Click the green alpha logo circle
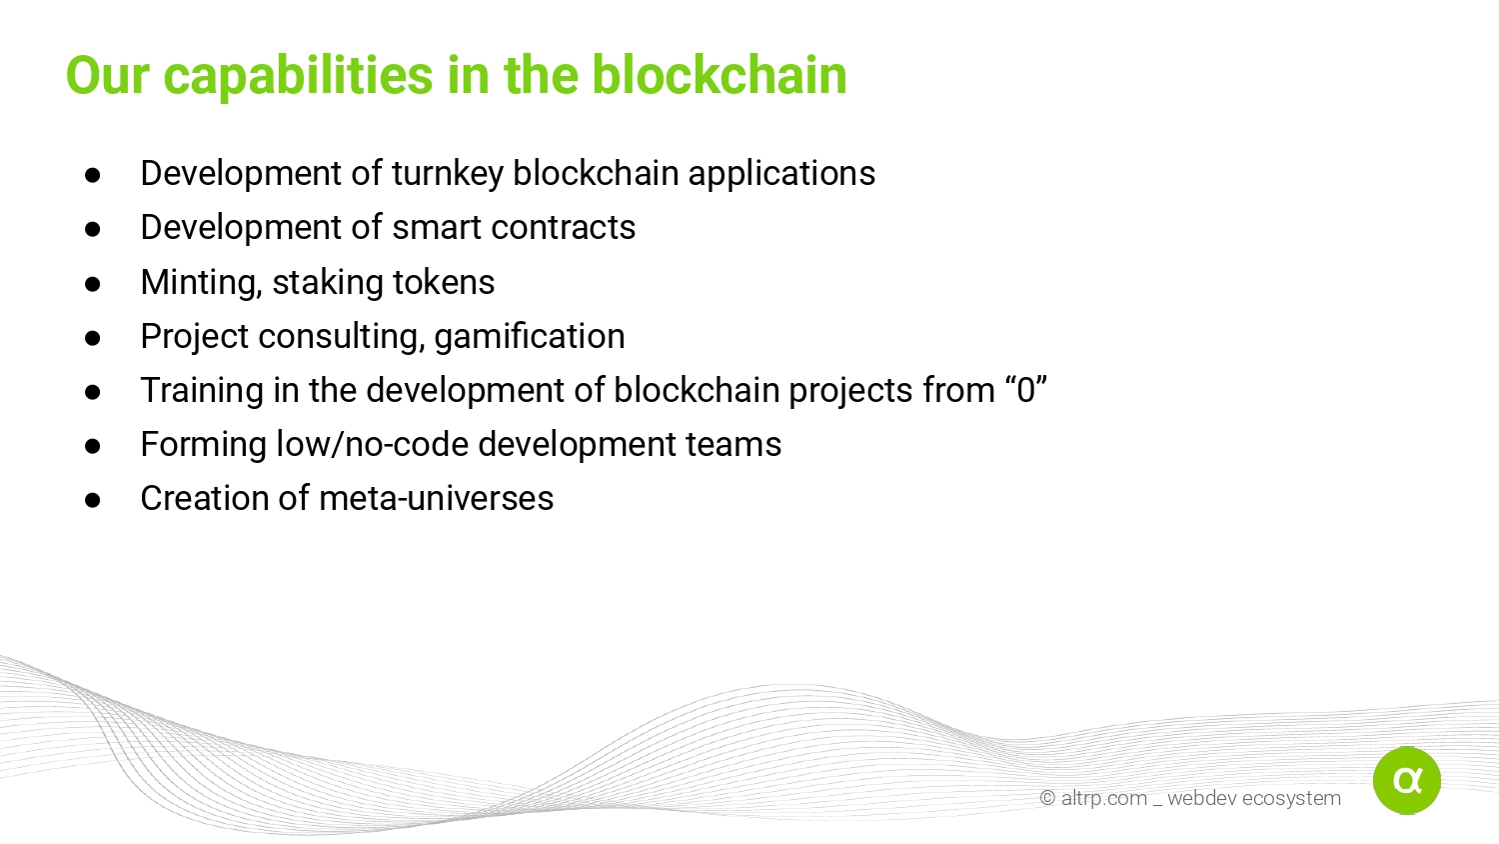[x=1407, y=780]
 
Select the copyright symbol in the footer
[x=1047, y=798]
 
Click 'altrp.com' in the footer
[x=1104, y=799]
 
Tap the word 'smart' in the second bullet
[x=437, y=228]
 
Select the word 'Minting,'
[x=201, y=283]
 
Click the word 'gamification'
[x=530, y=337]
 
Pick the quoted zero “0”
[x=1026, y=390]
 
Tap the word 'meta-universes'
[x=437, y=499]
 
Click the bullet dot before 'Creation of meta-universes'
[x=92, y=500]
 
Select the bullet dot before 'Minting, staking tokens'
[x=92, y=283]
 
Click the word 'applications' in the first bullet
[x=781, y=174]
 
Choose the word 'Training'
[x=202, y=391]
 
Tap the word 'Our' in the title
[x=107, y=75]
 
